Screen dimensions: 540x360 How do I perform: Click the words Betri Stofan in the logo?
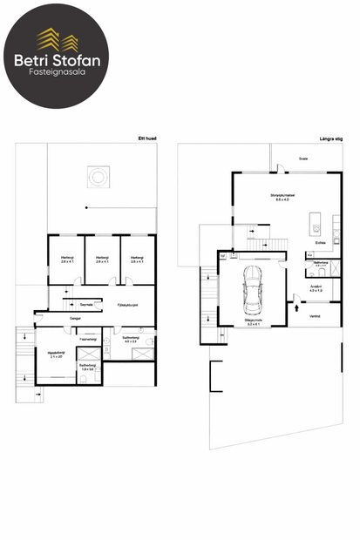tap(57, 60)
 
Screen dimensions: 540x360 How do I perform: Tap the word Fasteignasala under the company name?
tap(57, 74)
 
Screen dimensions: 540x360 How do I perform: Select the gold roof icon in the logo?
tap(57, 37)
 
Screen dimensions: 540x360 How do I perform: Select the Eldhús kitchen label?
tap(321, 243)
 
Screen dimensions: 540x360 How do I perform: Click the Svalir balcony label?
tap(302, 159)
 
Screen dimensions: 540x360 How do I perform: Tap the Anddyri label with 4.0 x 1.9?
tap(316, 287)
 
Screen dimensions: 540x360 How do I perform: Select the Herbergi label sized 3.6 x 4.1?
tap(137, 259)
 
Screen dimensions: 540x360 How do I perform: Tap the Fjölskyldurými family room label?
tap(129, 306)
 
